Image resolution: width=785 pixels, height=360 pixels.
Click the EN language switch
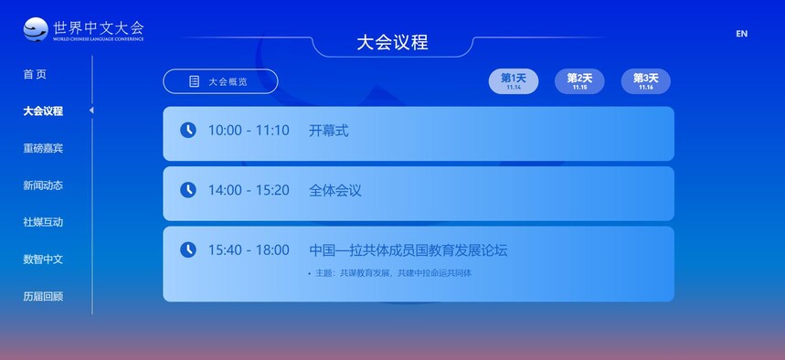click(741, 34)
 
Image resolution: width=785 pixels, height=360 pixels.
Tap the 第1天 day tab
click(514, 81)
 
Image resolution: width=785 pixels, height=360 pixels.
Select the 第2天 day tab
click(579, 81)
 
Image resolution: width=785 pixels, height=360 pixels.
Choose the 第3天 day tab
click(646, 81)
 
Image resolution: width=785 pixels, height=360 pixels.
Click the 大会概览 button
click(220, 81)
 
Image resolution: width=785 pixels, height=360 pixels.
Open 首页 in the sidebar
click(35, 74)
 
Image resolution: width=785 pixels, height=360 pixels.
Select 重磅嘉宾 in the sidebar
click(43, 148)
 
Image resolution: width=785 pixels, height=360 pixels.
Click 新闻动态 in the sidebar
click(43, 185)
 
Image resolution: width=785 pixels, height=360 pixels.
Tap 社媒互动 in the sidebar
click(43, 222)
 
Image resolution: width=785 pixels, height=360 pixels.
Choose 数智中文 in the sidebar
click(43, 259)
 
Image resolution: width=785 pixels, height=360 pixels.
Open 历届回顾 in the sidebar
click(43, 296)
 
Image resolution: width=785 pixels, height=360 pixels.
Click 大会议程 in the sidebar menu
click(43, 111)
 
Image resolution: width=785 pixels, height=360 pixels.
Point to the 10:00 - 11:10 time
click(249, 131)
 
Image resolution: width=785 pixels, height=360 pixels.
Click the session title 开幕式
click(328, 131)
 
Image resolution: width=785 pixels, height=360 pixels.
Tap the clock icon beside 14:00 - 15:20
click(187, 190)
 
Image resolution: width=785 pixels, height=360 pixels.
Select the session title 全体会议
click(334, 190)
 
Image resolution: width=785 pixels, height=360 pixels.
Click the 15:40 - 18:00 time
click(249, 249)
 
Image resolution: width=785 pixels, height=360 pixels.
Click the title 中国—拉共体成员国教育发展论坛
click(408, 249)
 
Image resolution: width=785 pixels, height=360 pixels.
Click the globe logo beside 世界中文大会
click(36, 29)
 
